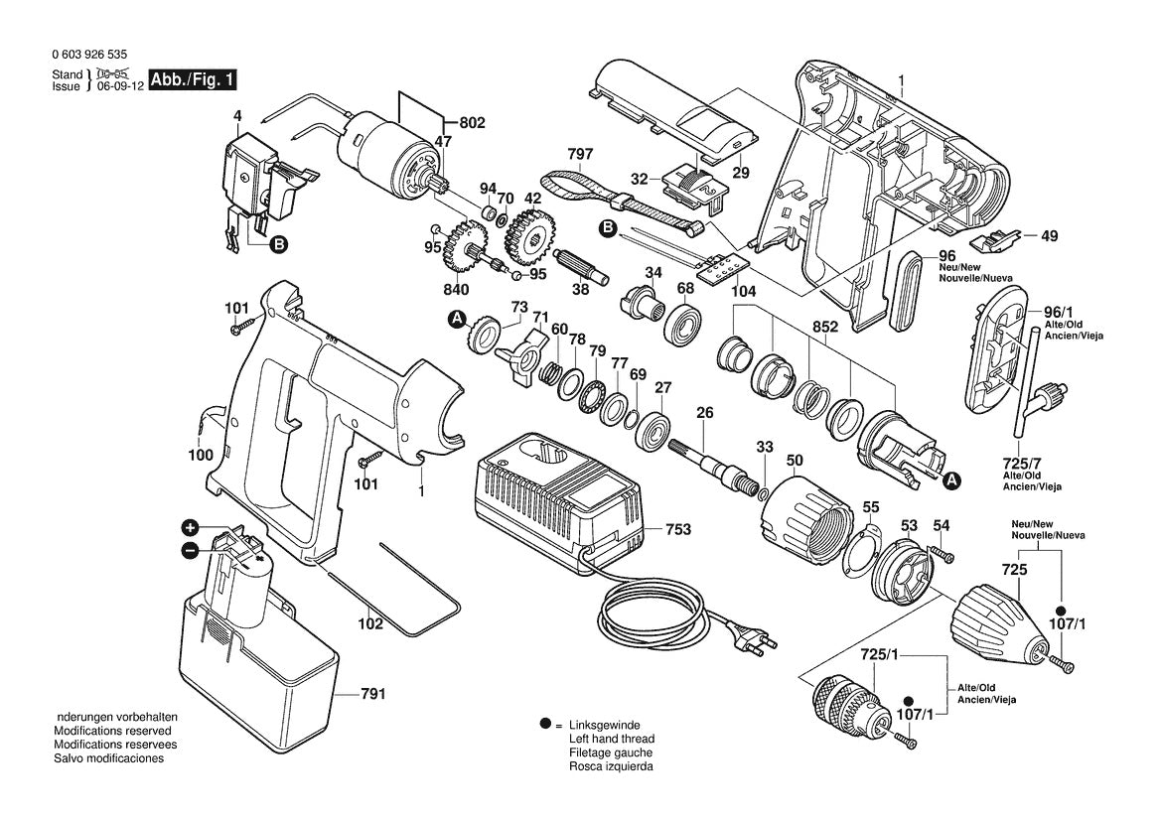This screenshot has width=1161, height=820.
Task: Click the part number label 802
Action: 472,123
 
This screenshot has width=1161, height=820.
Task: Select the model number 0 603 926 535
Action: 86,57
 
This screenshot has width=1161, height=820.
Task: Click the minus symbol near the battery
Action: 190,550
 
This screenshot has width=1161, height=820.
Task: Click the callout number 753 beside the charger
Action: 677,530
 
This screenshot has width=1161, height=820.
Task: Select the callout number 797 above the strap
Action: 580,154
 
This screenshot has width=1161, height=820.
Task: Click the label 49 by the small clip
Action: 1049,236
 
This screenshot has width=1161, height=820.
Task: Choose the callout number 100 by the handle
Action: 200,455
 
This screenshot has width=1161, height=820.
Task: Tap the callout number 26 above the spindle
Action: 705,413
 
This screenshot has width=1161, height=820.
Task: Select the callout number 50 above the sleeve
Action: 795,461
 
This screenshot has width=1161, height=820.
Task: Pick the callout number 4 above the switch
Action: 237,117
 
